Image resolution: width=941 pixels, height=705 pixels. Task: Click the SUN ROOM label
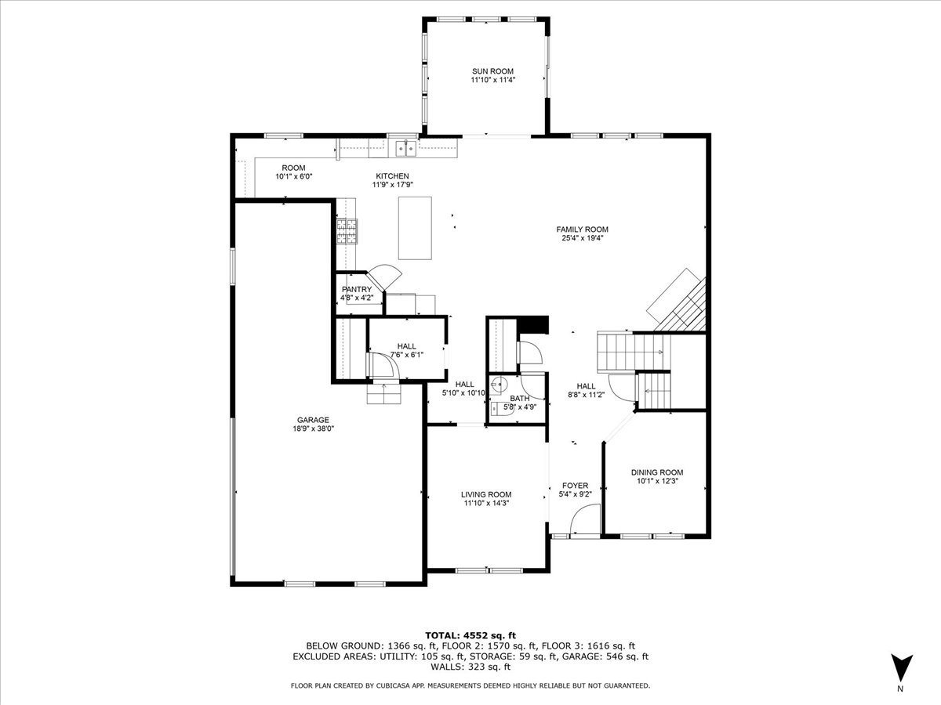point(492,71)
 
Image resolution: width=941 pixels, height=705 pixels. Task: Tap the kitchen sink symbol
point(405,149)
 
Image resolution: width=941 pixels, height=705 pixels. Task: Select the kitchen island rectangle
point(415,228)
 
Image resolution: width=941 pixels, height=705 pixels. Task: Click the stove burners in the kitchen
point(347,231)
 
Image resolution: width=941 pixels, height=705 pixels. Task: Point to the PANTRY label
point(357,289)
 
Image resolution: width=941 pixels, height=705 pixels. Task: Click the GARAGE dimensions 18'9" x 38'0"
point(313,428)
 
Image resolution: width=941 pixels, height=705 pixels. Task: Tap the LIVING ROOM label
point(486,494)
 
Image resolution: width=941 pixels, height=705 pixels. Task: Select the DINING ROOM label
point(657,472)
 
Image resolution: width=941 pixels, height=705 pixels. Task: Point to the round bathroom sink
point(498,385)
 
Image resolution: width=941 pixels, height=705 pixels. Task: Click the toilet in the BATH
point(496,408)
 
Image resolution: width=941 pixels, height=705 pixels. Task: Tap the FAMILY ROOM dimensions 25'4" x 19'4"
point(582,238)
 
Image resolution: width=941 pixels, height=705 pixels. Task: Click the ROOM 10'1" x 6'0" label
point(293,172)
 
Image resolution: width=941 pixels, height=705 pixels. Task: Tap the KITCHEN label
point(392,176)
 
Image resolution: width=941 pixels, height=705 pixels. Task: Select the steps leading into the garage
point(383,393)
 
